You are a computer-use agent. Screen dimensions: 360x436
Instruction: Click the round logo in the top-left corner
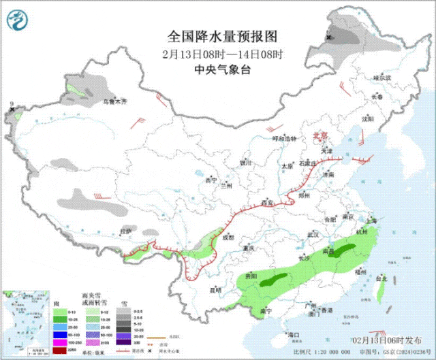pos(18,21)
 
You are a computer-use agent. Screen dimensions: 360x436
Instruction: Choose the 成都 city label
pos(228,237)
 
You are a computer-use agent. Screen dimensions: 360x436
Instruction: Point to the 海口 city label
pos(294,335)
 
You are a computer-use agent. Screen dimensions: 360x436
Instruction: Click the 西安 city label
pos(266,203)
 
